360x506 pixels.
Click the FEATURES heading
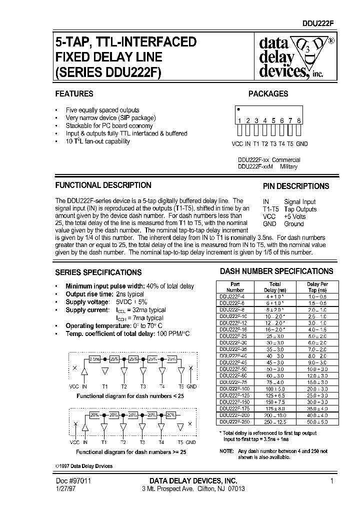point(74,93)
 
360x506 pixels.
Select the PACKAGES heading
point(268,93)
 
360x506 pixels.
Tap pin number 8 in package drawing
point(298,120)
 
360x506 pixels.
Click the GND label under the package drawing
point(301,144)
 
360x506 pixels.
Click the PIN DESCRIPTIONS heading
point(296,186)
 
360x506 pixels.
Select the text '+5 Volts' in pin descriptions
point(295,216)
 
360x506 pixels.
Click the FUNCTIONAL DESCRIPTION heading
point(103,185)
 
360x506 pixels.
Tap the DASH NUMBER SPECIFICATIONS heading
point(276,271)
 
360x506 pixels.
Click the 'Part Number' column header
point(235,287)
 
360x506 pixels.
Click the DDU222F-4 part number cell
point(234,296)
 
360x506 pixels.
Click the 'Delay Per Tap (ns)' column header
point(316,287)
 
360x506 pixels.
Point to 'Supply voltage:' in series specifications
point(87,302)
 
